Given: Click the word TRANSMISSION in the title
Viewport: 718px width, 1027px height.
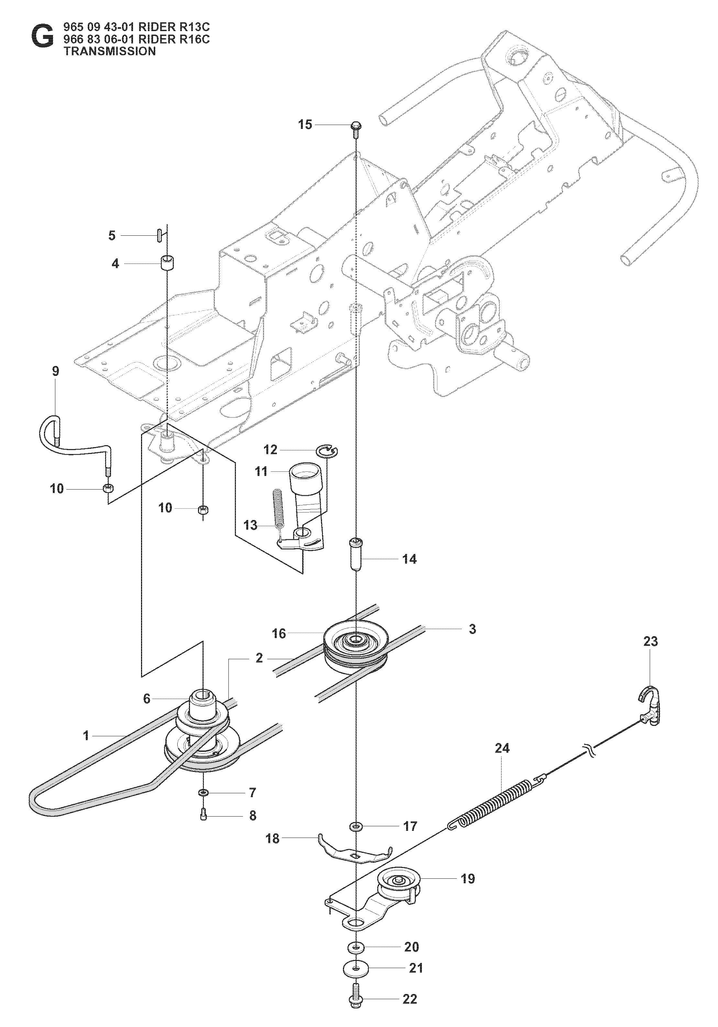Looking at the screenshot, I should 110,51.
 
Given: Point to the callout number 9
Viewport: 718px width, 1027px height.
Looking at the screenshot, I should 55,372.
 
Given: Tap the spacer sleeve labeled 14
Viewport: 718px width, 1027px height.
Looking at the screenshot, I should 356,555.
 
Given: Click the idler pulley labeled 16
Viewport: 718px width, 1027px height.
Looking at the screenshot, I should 355,644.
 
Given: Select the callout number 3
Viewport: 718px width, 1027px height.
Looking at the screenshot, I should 472,629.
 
